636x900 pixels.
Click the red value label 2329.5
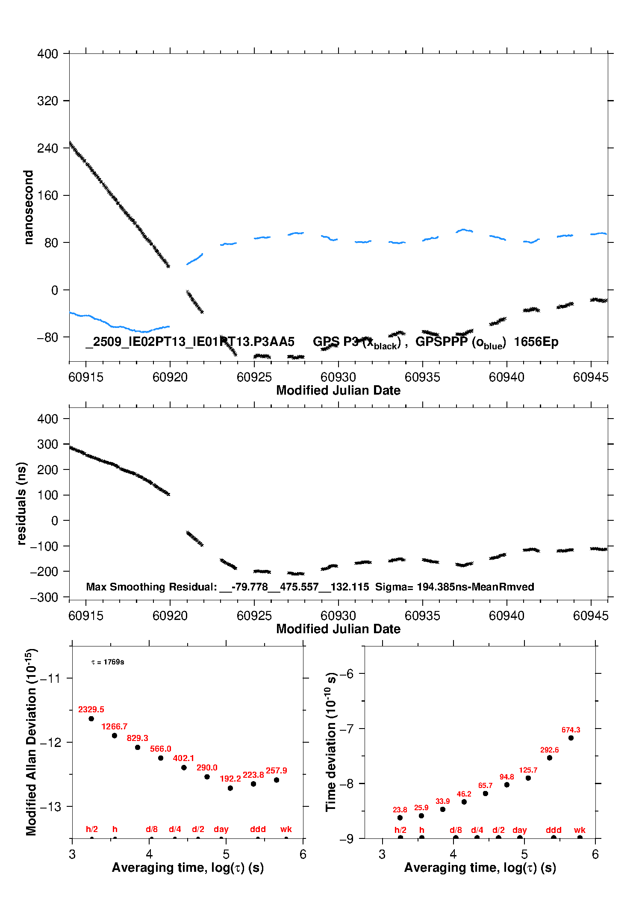click(x=91, y=709)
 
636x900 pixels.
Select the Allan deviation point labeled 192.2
click(x=230, y=788)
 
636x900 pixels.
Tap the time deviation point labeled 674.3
click(x=571, y=738)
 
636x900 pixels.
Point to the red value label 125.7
click(x=528, y=770)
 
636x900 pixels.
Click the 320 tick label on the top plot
click(x=47, y=101)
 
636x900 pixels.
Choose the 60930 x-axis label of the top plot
click(x=338, y=377)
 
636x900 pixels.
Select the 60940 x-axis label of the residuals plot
click(x=506, y=616)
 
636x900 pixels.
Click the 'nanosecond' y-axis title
click(x=29, y=207)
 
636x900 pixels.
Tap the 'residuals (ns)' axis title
click(x=21, y=503)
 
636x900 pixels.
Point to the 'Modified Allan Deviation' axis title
click(x=31, y=742)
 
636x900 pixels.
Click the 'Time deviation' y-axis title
click(x=331, y=742)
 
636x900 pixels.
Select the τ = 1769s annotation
click(x=108, y=662)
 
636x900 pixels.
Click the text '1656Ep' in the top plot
click(x=536, y=342)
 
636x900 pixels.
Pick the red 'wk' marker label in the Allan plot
click(x=286, y=829)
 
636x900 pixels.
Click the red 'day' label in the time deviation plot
click(x=519, y=830)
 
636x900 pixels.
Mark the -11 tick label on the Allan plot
click(x=50, y=678)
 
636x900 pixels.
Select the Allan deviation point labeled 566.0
click(x=161, y=758)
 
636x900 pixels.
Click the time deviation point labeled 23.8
click(x=400, y=817)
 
